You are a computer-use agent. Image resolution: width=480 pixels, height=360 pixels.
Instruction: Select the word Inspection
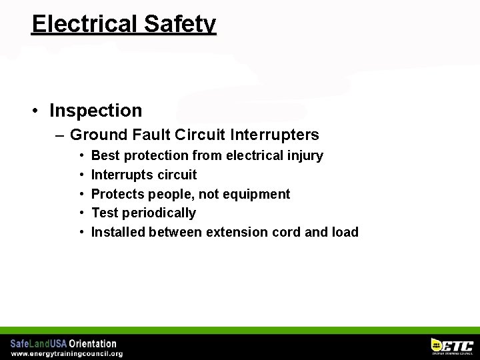95,110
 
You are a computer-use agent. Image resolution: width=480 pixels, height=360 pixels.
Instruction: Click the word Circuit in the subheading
200,135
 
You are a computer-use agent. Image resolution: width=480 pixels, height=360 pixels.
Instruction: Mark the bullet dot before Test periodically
81,213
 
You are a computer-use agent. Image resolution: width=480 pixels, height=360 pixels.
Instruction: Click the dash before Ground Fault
60,135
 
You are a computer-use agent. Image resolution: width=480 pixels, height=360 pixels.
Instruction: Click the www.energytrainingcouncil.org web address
67,353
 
